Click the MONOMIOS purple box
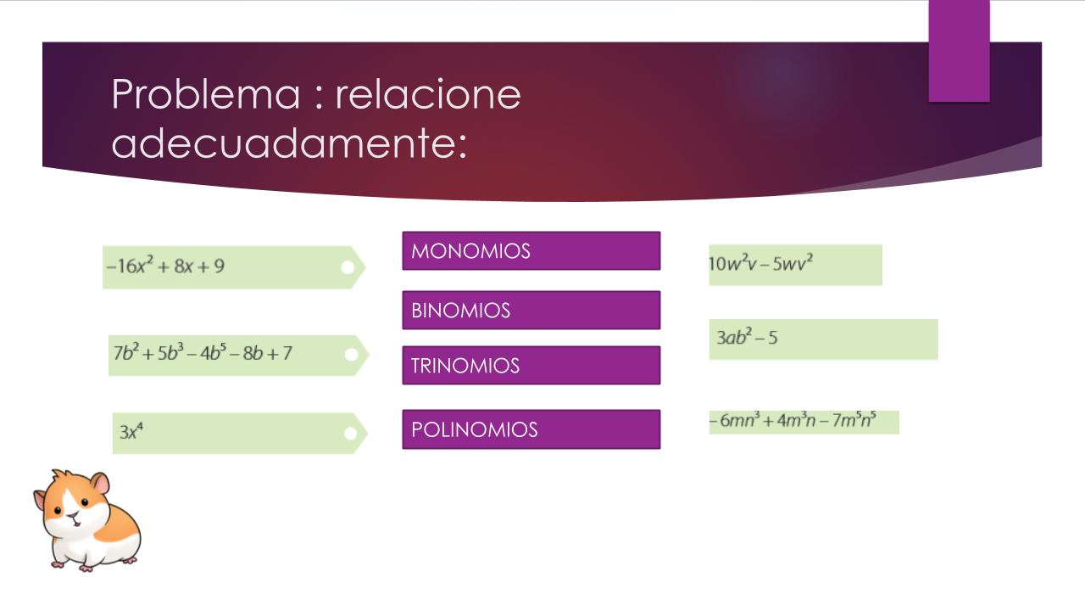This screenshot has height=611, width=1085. pos(531,250)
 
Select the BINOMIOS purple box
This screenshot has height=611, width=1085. pos(531,311)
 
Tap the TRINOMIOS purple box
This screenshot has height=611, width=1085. pos(531,365)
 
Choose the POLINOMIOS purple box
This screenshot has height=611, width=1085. pos(531,429)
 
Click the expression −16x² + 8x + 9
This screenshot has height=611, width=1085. pos(165,266)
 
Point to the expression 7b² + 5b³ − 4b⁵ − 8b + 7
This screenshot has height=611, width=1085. pos(203,352)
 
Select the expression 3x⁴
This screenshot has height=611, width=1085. pos(131,430)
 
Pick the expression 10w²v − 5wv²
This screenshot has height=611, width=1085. pos(760,263)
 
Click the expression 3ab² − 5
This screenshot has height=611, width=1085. pos(747,337)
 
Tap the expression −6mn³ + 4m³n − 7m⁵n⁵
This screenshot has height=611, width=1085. pos(793,419)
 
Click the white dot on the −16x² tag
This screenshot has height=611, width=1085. pos(348,267)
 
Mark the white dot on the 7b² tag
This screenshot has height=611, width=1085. pos(352,355)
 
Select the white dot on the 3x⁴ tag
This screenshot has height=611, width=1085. pos(351,434)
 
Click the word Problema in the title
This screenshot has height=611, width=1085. pos(206,93)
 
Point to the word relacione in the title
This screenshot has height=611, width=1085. pos(428,93)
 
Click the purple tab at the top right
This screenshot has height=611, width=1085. pos(959,51)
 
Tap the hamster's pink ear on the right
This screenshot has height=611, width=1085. pos(101,484)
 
